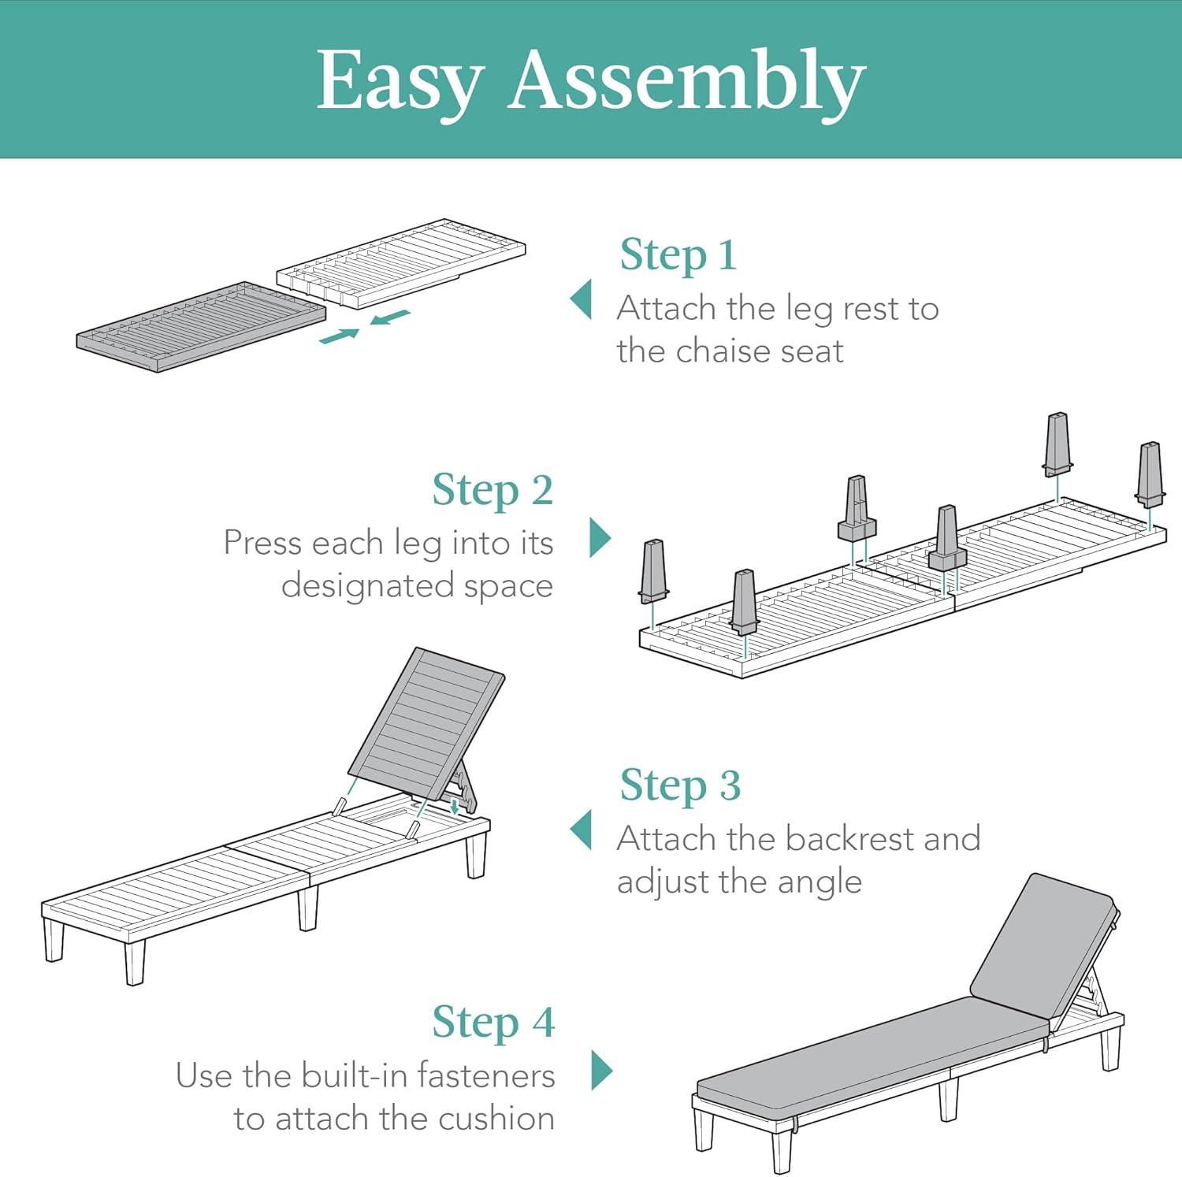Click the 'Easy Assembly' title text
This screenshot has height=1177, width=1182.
(591, 82)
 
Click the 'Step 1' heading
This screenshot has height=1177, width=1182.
(678, 254)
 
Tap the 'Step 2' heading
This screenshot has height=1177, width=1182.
(492, 490)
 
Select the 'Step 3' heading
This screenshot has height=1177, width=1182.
(680, 785)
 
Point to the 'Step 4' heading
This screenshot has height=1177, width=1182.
(493, 1022)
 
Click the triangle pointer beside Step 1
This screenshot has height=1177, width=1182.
(581, 299)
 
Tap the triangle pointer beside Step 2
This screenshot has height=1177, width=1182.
(600, 537)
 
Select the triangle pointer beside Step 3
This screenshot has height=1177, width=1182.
(581, 830)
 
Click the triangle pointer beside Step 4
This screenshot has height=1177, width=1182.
(601, 1069)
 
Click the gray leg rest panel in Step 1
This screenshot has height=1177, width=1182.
(201, 326)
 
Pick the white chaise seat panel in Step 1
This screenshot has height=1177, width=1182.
(401, 263)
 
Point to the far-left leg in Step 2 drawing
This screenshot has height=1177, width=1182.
(654, 570)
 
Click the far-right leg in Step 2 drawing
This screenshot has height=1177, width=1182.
(1150, 474)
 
